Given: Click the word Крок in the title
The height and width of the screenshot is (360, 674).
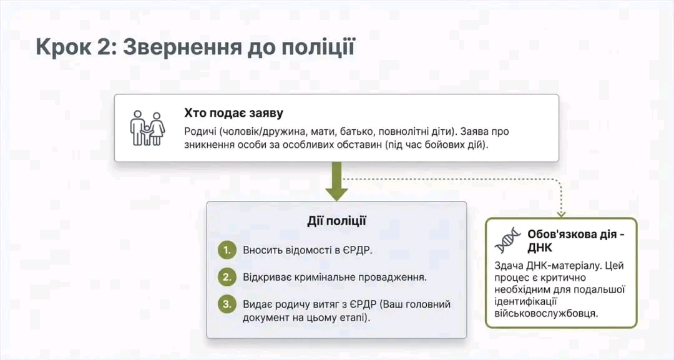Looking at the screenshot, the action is (64, 46).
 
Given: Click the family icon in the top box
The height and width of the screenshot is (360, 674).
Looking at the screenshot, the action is (147, 128).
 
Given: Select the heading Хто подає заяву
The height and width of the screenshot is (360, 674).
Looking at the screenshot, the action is (233, 113).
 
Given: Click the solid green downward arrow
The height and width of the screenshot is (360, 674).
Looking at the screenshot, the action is (336, 181).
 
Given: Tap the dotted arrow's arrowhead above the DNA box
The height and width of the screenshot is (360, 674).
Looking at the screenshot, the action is (561, 213).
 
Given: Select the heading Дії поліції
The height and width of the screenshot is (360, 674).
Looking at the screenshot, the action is (336, 221).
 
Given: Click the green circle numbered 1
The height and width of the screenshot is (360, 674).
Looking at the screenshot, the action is (227, 250).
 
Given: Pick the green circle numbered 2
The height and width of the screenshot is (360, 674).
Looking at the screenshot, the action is (227, 277).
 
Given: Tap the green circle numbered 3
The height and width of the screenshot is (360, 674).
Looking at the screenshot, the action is (227, 304).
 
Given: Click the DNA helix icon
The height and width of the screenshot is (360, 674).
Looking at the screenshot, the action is (507, 241).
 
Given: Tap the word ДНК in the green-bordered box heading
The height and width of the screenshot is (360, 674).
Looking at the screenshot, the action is (540, 248).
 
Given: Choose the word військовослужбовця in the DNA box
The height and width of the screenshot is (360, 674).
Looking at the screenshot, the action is (546, 313).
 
